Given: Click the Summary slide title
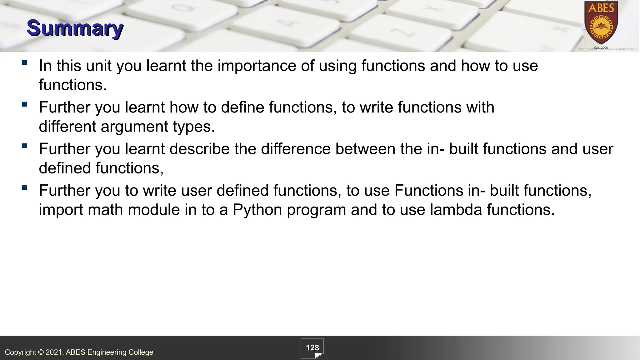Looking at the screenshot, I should coord(75,28).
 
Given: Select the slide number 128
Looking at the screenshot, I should coord(312,348).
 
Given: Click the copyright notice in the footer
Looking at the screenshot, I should coord(79,352).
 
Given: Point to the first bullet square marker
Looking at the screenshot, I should coord(25,62).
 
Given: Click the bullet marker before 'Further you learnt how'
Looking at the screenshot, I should coord(25,104).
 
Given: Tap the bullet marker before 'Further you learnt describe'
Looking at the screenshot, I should coord(25,146).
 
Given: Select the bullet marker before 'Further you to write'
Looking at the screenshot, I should coord(25,187).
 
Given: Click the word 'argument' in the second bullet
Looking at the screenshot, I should coord(134,127).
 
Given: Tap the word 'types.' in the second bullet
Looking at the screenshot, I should coord(194,127).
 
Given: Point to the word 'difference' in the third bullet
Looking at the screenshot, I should coord(296,149).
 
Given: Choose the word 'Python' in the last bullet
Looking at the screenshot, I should coord(257,210).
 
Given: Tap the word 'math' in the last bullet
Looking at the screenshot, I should coord(105,210).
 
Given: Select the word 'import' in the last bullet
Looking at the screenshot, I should coord(61,210).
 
